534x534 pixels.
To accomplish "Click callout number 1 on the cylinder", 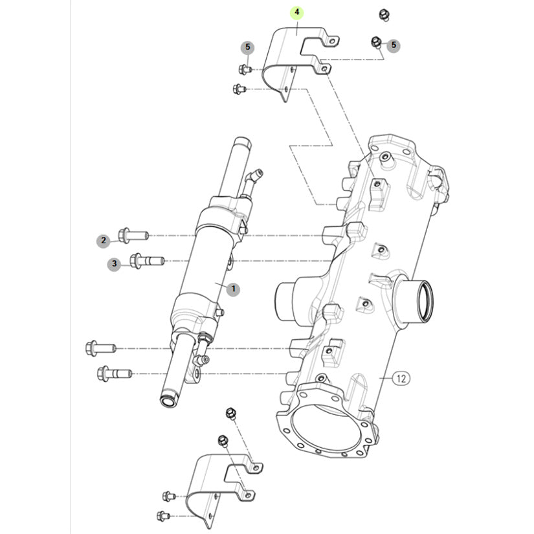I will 233,289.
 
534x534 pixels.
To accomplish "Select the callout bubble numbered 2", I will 103,241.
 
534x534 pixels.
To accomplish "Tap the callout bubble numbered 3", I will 114,263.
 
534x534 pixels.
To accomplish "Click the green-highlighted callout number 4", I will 297,13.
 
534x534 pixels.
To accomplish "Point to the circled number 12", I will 401,379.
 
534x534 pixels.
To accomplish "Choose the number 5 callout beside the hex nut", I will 393,45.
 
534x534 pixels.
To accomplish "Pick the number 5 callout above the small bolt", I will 247,47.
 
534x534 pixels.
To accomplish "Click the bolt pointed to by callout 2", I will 133,234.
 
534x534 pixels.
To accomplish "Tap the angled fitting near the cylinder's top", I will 253,178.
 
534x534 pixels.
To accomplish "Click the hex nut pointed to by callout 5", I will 375,42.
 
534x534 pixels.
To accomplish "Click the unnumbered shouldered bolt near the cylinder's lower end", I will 113,373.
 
